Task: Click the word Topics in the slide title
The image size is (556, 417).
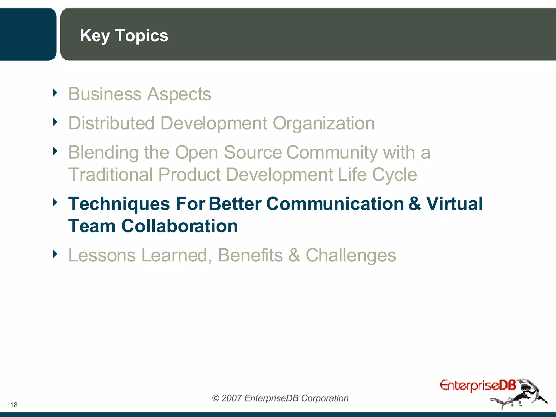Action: (x=141, y=36)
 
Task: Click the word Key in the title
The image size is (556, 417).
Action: (x=95, y=36)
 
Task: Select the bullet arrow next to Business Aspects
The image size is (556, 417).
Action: (x=55, y=93)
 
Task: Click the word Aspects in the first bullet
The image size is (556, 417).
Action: (x=179, y=94)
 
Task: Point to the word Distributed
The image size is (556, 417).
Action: (x=111, y=123)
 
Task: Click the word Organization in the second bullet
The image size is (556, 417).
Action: (x=324, y=124)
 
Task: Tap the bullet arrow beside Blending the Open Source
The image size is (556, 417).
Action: (x=55, y=151)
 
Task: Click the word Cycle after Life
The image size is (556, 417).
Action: (x=394, y=175)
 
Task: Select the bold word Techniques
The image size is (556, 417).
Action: (x=119, y=204)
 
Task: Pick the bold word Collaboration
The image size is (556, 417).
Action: (x=179, y=226)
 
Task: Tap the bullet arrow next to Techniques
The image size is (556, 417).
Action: (x=55, y=203)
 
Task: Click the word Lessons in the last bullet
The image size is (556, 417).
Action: (x=102, y=255)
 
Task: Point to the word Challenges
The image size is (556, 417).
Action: (x=351, y=256)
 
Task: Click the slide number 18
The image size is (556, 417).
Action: (x=14, y=405)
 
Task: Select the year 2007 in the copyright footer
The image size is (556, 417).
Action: (x=231, y=398)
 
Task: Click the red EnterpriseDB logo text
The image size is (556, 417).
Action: (x=477, y=386)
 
